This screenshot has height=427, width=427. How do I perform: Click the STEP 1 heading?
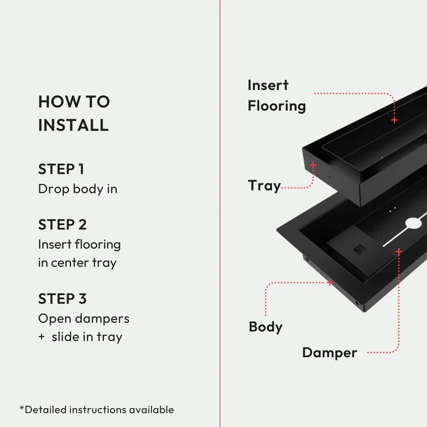click(61, 169)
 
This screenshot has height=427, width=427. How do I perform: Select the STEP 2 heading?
click(62, 225)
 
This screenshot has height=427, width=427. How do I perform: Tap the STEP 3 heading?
click(62, 299)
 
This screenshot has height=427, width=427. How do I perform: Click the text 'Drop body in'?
click(78, 189)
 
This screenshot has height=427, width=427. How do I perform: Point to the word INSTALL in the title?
click(73, 125)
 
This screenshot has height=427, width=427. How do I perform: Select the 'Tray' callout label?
click(264, 186)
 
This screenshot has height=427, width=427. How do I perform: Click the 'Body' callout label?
click(265, 327)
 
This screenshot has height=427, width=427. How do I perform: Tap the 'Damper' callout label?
click(330, 353)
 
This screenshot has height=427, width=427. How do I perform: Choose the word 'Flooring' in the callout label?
click(277, 106)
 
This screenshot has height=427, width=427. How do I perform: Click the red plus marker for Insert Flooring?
click(395, 120)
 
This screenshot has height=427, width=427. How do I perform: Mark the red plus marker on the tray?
click(313, 165)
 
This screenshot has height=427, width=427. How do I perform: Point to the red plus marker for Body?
click(330, 283)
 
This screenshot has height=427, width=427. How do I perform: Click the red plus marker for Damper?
click(399, 252)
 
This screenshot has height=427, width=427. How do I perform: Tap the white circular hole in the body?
click(414, 223)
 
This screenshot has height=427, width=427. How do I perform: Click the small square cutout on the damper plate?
click(360, 250)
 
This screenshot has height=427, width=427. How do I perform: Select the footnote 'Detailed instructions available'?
click(97, 410)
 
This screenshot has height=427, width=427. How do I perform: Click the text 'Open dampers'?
click(84, 319)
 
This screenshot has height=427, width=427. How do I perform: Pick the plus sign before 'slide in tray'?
click(42, 337)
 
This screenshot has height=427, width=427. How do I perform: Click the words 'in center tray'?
click(77, 263)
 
